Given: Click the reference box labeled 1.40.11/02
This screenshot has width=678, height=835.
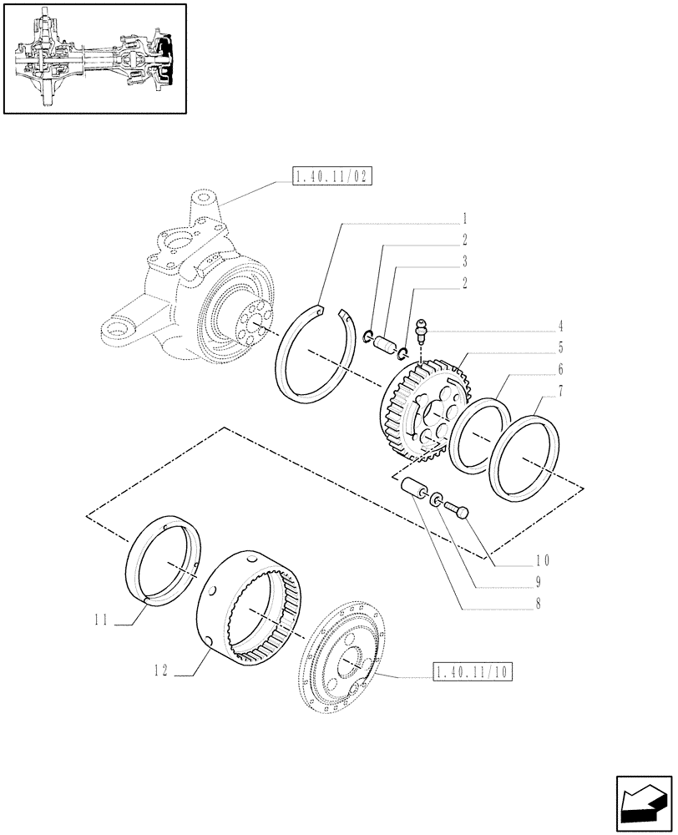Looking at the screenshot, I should pos(332,176).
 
